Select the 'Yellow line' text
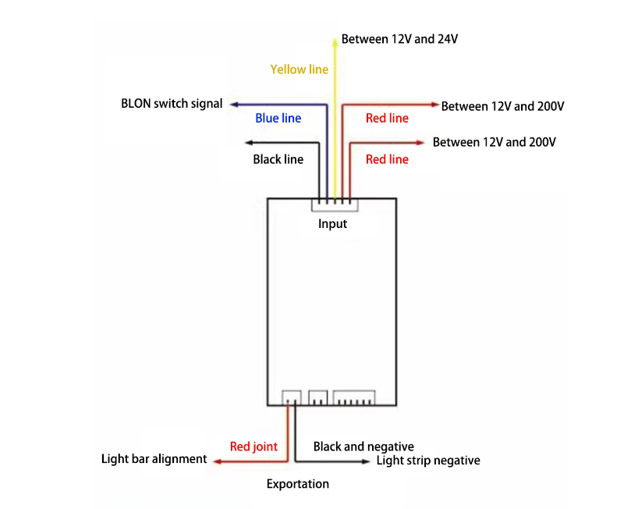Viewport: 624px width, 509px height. [299, 69]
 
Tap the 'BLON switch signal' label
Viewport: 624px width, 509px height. [172, 103]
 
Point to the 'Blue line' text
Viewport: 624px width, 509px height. [278, 119]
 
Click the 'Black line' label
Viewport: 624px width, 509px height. [278, 159]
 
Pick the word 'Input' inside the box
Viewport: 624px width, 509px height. [332, 224]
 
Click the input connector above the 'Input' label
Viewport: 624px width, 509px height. [334, 204]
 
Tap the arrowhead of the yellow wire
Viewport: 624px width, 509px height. [335, 37]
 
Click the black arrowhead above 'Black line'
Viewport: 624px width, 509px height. [249, 142]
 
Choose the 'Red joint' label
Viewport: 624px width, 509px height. [253, 447]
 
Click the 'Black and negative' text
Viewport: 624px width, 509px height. [363, 447]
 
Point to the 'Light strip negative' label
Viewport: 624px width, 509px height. [428, 461]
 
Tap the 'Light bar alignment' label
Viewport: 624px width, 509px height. [154, 459]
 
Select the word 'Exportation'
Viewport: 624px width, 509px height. [297, 484]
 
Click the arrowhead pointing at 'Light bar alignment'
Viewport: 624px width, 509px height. [218, 461]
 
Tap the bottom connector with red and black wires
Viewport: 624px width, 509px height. [291, 397]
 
